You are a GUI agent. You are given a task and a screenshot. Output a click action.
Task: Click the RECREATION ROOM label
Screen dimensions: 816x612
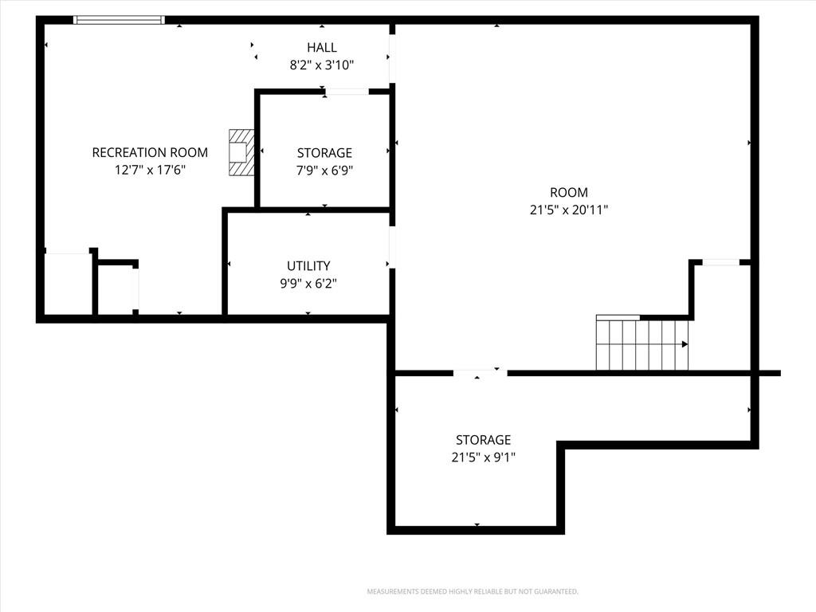click(x=150, y=152)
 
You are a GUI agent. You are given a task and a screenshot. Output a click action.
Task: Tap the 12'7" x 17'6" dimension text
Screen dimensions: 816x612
click(x=150, y=170)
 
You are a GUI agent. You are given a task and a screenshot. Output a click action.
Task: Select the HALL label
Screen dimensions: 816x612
click(x=322, y=47)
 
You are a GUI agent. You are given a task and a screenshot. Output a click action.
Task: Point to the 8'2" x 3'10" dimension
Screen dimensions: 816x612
click(x=322, y=65)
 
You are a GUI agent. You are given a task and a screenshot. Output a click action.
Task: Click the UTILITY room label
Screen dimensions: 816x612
click(x=308, y=266)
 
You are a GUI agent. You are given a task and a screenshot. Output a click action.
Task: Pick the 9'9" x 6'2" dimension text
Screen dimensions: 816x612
click(x=308, y=284)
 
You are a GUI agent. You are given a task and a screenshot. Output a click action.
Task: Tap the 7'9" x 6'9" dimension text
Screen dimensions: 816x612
click(x=325, y=171)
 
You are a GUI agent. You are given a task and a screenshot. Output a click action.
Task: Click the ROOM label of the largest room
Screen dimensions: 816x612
click(x=569, y=193)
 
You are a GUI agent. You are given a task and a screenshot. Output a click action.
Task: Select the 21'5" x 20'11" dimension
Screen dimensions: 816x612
click(x=569, y=210)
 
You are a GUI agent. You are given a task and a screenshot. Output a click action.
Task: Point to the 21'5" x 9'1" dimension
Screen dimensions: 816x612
click(x=484, y=457)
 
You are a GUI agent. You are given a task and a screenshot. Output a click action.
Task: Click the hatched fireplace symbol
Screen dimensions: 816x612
click(x=241, y=152)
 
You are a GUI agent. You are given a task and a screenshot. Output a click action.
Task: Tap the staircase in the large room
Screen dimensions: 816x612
click(x=642, y=343)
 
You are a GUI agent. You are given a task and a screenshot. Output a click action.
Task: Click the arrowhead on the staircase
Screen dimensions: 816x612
click(x=685, y=344)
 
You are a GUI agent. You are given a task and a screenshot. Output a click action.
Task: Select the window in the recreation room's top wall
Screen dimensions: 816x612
click(x=120, y=20)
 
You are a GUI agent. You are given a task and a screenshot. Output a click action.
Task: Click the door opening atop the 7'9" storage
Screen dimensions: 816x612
click(x=347, y=92)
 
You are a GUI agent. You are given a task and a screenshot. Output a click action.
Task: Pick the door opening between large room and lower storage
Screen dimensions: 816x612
click(x=480, y=373)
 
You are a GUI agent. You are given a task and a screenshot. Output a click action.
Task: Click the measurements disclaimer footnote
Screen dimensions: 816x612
click(x=473, y=592)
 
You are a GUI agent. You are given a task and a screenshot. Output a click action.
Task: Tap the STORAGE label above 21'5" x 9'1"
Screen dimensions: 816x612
click(x=484, y=440)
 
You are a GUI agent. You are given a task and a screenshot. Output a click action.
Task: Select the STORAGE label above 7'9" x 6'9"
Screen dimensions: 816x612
click(x=325, y=153)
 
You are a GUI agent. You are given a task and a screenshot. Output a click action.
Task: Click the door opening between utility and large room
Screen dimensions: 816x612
click(x=392, y=247)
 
